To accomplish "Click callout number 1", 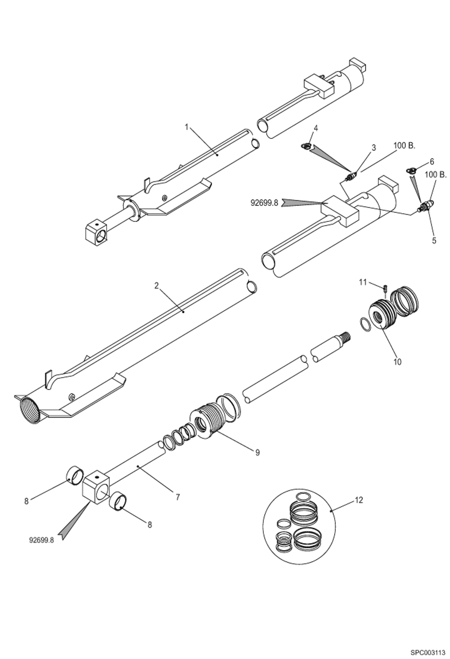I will click(186, 127).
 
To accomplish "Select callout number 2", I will click(156, 286).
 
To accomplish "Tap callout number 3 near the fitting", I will click(374, 147).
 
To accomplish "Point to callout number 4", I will click(316, 128).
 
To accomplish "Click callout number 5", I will click(434, 241).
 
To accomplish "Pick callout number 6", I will click(432, 162).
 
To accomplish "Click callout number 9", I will click(257, 453).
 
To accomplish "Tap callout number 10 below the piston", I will click(397, 362).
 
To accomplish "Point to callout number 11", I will click(363, 282).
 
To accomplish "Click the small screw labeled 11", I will click(385, 289).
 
